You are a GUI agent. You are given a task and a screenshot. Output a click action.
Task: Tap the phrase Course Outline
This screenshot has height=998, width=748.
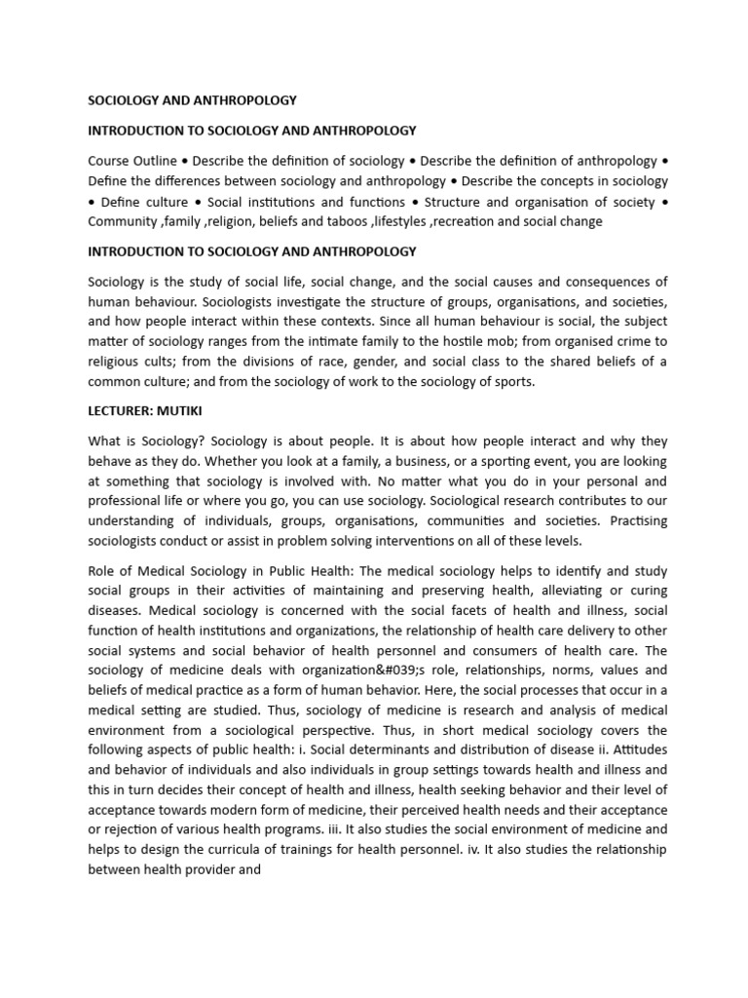click(x=132, y=160)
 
